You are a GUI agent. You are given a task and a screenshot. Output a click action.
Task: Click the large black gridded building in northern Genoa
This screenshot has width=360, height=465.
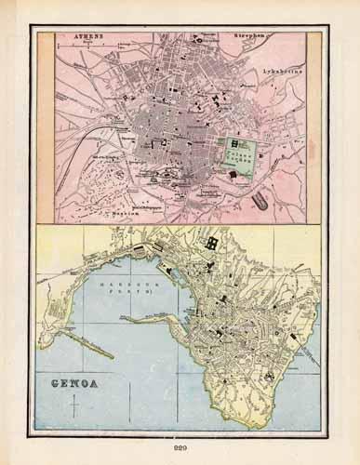coord(212,243)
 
